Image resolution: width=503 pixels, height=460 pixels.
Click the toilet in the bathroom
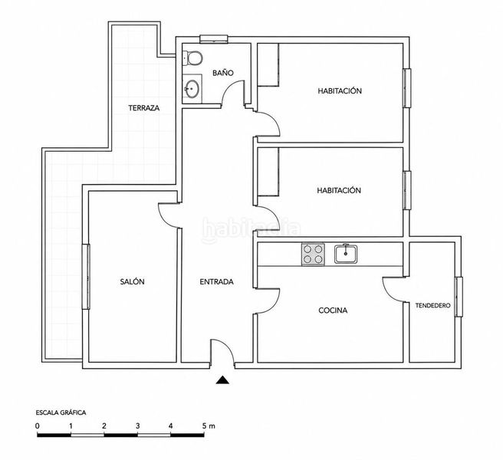[192, 58]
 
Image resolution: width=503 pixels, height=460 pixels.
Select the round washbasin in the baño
[192, 87]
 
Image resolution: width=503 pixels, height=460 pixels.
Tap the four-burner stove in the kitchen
[313, 255]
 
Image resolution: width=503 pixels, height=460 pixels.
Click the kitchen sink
[346, 254]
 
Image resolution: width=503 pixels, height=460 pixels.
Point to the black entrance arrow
[222, 380]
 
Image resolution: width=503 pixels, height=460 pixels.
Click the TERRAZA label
[144, 108]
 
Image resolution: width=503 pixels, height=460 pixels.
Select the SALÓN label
[132, 281]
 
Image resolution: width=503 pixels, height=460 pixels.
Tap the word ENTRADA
[216, 282]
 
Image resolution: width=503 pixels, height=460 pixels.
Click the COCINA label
[333, 310]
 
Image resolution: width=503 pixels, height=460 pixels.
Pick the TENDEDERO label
[432, 306]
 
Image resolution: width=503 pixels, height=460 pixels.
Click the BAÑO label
[223, 73]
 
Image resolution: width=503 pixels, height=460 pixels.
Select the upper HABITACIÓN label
[340, 90]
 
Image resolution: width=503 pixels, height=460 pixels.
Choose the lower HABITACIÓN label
[339, 190]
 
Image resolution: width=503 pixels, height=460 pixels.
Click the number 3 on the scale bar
[137, 426]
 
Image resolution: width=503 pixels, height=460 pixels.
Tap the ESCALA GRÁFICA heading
[61, 412]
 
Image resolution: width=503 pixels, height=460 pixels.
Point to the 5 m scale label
[209, 426]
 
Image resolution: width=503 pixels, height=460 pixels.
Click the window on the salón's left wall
[86, 277]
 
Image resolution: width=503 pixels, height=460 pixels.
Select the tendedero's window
[459, 297]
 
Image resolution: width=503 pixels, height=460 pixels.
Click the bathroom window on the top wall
[214, 39]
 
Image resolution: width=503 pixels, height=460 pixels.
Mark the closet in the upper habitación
[268, 65]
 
